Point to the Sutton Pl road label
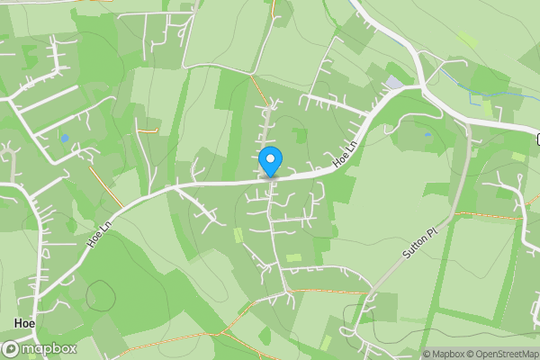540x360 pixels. [x=418, y=243]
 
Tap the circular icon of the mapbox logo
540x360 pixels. [x=12, y=348]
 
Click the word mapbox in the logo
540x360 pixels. [x=49, y=348]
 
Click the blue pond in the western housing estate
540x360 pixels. [x=64, y=138]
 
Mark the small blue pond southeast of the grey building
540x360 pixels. [x=427, y=135]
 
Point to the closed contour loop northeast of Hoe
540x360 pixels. [x=101, y=295]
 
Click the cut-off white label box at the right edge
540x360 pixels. [x=537, y=139]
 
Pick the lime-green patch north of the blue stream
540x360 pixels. [x=467, y=40]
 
